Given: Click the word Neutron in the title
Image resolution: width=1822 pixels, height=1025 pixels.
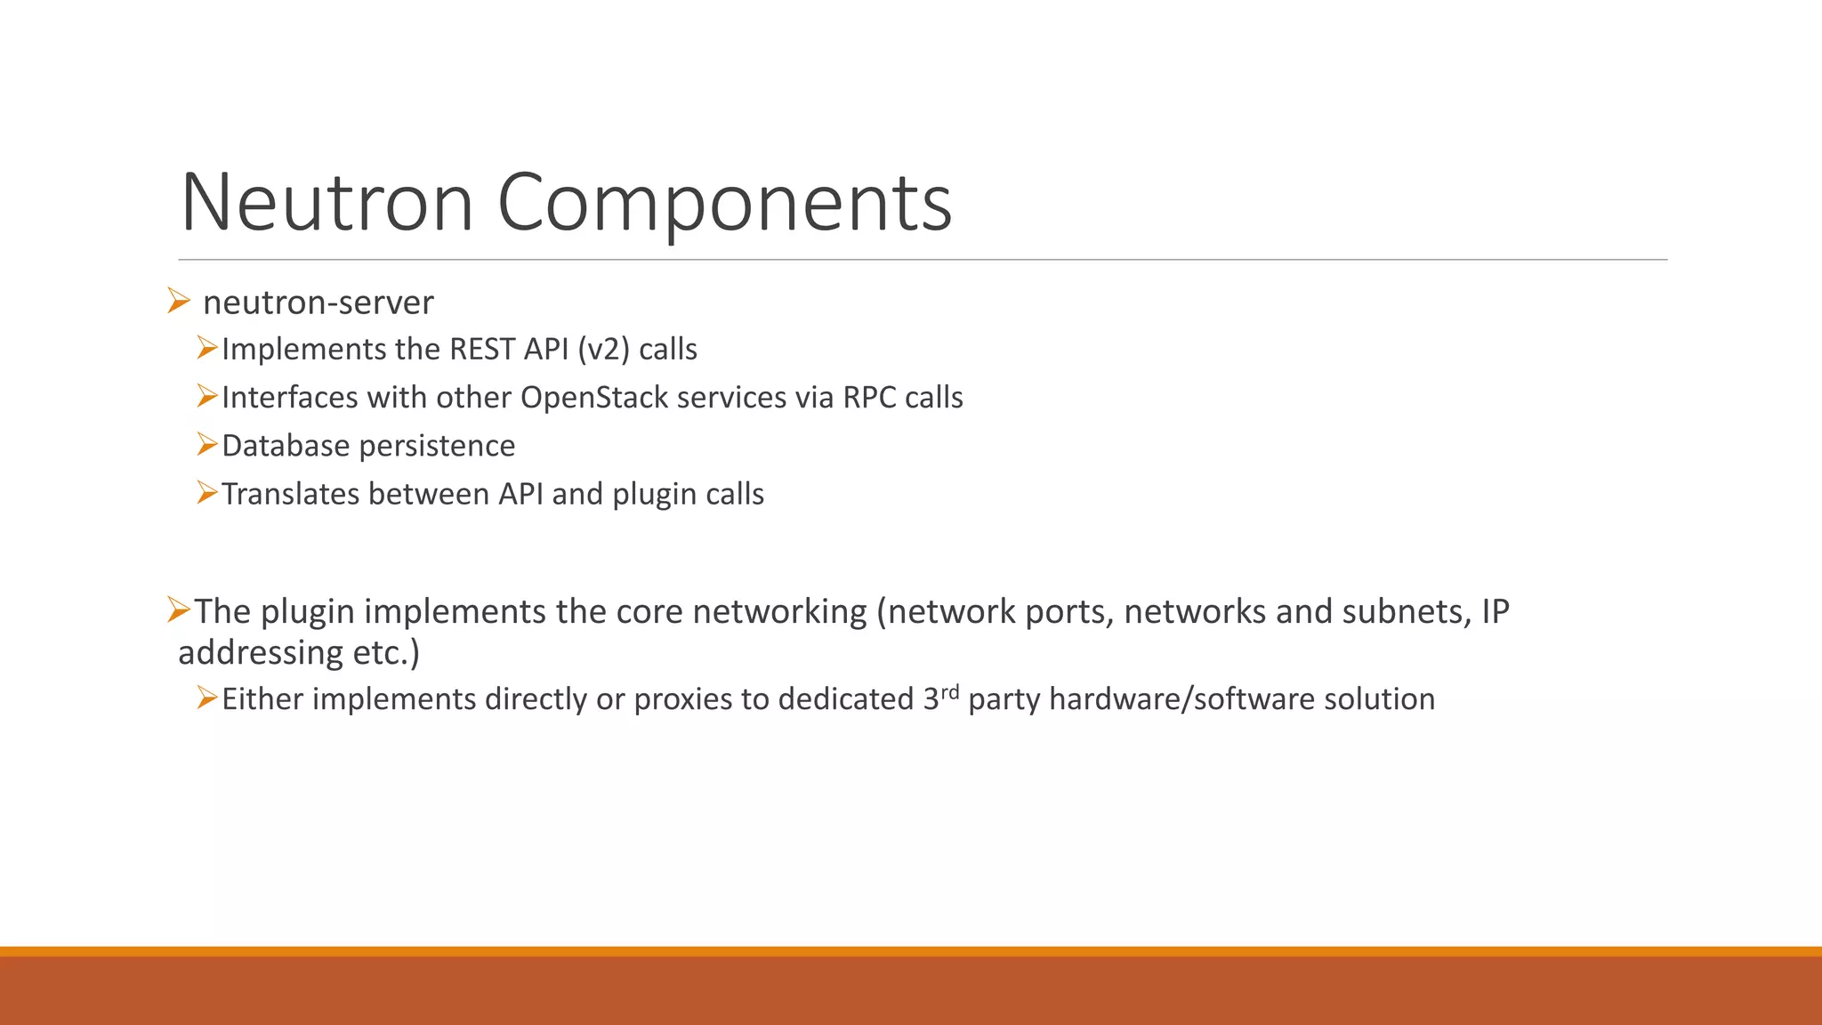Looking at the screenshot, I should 327,203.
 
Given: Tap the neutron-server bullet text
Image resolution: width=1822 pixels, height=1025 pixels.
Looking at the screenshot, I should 318,303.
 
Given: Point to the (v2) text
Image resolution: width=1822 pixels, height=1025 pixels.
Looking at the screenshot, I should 603,350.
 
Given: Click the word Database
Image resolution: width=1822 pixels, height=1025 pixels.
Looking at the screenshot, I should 286,446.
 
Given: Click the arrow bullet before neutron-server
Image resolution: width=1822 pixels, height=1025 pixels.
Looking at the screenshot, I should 178,302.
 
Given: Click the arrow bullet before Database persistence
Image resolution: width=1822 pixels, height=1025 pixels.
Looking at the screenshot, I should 207,444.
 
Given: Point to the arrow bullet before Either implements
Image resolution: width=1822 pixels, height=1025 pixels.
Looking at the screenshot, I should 207,698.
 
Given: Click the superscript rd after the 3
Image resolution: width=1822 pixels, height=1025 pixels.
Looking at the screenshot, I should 950,690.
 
